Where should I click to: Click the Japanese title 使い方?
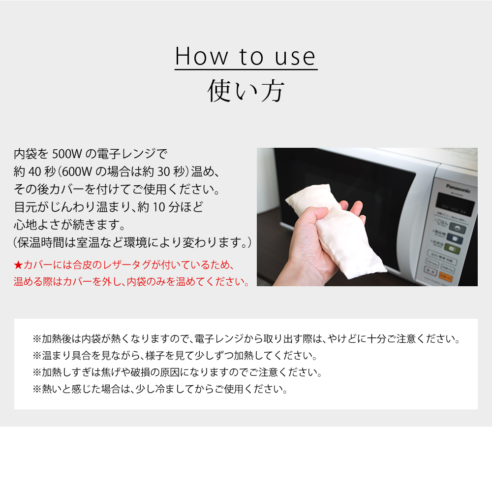246,91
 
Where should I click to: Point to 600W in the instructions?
78,172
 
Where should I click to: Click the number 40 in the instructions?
35,172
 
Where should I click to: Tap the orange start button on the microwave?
446,278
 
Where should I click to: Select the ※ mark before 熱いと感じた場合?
37,389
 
